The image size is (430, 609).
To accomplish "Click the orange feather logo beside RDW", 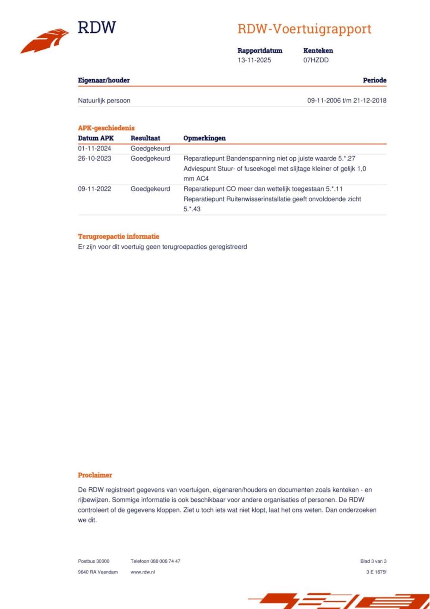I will click(x=45, y=41).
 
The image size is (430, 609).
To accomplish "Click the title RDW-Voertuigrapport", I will click(x=304, y=29).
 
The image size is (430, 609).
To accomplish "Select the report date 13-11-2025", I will click(x=254, y=60).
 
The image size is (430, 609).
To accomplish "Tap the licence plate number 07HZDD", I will click(x=316, y=60).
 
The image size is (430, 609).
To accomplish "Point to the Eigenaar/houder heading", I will click(x=104, y=80).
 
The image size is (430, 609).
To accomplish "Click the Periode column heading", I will click(x=374, y=80).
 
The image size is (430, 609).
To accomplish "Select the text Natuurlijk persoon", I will click(x=104, y=100).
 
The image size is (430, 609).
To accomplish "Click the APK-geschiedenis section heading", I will click(x=106, y=128).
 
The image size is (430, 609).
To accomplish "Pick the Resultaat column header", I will click(x=145, y=138).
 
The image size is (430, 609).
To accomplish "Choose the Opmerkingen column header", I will click(x=205, y=138).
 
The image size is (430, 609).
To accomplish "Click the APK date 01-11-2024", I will click(x=94, y=149).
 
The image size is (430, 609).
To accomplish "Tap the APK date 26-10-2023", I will click(x=94, y=159).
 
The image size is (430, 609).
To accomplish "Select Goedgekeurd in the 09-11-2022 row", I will click(x=150, y=189).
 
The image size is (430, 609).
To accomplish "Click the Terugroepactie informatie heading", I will click(x=119, y=237).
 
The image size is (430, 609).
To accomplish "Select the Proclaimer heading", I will click(x=95, y=475).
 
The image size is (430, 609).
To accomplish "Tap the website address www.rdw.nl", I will click(x=143, y=572).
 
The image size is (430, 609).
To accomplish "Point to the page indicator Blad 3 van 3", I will click(x=373, y=561).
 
